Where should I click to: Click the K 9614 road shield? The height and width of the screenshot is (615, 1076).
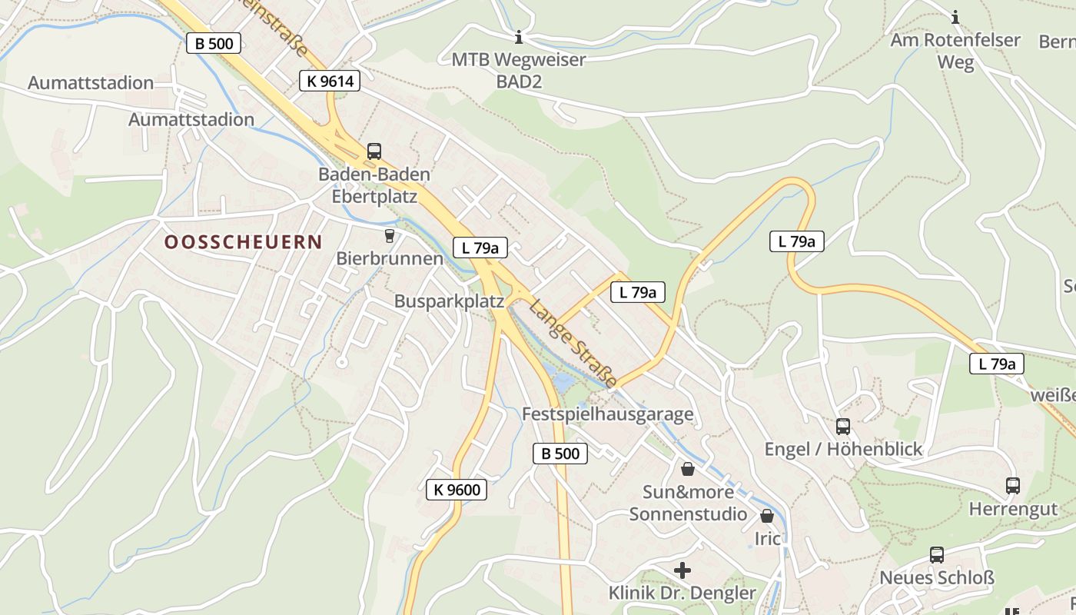(330, 80)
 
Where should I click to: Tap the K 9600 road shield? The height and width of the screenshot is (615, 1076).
(457, 489)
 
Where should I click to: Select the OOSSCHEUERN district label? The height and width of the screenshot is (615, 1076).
(243, 242)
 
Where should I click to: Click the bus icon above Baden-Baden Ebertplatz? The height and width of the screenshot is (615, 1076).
(374, 151)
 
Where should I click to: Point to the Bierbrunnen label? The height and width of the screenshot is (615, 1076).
(390, 258)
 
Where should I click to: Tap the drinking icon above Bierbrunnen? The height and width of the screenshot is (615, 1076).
(390, 235)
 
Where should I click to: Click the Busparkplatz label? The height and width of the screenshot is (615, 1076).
(449, 301)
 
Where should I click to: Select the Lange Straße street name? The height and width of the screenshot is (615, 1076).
(573, 343)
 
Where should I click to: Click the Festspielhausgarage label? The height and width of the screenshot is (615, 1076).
(607, 414)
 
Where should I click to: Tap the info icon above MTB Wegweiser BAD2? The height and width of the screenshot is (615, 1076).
(519, 37)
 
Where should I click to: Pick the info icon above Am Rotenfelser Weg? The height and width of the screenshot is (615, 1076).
(955, 17)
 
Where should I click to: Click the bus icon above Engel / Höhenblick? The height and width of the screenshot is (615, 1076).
(843, 426)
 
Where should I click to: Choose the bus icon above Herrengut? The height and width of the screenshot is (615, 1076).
(1013, 486)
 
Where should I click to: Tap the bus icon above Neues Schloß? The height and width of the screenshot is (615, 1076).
(936, 555)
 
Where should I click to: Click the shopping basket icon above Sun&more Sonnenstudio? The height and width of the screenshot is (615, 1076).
(688, 468)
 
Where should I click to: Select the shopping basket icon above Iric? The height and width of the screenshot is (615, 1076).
(767, 516)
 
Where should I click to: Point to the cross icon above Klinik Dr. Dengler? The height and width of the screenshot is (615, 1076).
(682, 570)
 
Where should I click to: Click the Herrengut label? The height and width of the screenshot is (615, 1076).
(1013, 509)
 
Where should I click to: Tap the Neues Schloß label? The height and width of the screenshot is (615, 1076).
(936, 578)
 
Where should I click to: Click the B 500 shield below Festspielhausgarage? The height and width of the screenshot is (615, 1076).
(560, 454)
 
